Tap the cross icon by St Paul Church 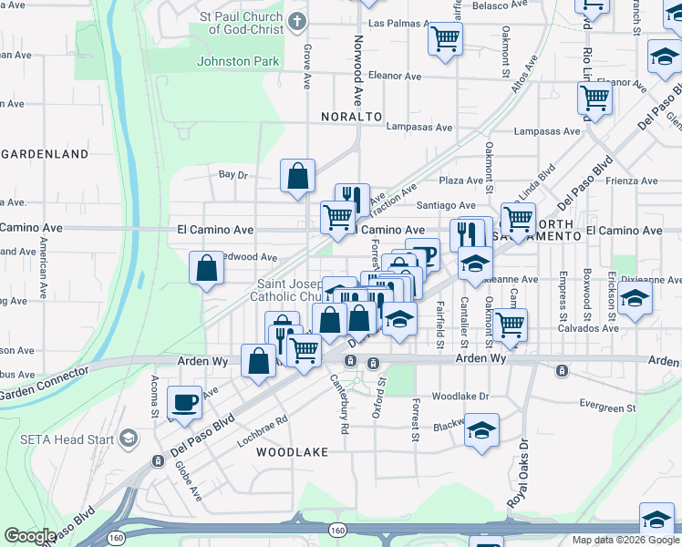click(x=297, y=21)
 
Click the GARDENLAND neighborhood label click(x=45, y=153)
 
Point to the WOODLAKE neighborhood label click(x=291, y=452)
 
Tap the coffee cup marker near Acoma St click(x=185, y=402)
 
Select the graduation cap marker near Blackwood click(x=480, y=430)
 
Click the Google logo click(x=29, y=536)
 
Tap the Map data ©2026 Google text click(x=625, y=540)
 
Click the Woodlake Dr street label click(x=460, y=397)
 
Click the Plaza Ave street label click(x=460, y=181)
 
